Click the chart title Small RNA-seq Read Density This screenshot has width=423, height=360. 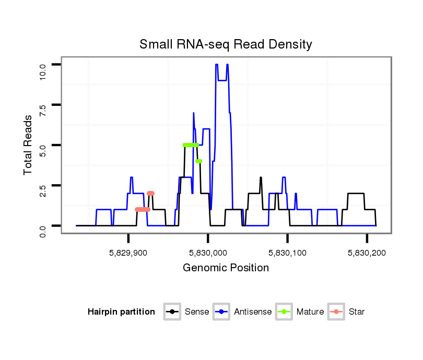click(x=226, y=44)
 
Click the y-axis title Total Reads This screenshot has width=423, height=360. click(x=29, y=145)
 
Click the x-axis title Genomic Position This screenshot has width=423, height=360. click(x=226, y=268)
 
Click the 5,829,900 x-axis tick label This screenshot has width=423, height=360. click(x=128, y=253)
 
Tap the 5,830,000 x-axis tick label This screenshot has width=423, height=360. click(x=208, y=253)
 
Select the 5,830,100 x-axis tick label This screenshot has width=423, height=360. click(x=288, y=253)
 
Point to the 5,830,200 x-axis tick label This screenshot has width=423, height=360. click(x=367, y=253)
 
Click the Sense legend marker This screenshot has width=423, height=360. click(x=172, y=312)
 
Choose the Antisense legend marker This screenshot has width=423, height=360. click(x=221, y=312)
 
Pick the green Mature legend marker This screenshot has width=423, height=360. click(x=284, y=312)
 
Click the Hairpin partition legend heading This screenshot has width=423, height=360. click(x=121, y=312)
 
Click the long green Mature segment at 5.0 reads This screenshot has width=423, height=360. click(x=191, y=145)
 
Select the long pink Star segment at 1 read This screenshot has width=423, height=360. click(x=143, y=210)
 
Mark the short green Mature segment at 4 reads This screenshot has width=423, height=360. click(x=198, y=161)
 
